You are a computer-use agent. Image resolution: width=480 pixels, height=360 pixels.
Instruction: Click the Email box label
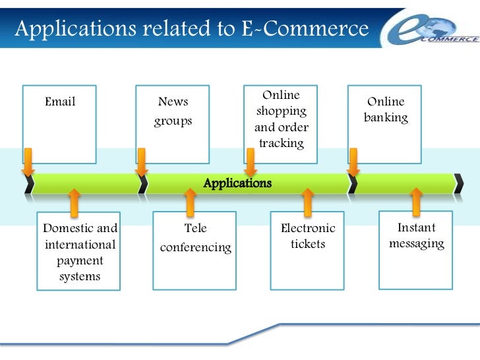(x=60, y=102)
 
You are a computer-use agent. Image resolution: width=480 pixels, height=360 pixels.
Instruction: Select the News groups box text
(x=173, y=111)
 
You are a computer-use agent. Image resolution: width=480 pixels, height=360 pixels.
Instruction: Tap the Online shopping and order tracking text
(x=282, y=119)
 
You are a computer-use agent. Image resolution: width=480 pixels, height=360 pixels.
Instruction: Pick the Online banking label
(x=386, y=110)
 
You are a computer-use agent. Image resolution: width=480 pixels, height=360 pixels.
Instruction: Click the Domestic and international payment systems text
(x=80, y=253)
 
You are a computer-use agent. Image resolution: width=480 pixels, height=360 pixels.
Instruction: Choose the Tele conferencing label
(x=195, y=238)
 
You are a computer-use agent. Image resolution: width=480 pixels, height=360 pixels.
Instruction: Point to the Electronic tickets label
(x=308, y=236)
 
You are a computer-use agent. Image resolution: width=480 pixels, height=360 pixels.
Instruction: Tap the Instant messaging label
(x=417, y=236)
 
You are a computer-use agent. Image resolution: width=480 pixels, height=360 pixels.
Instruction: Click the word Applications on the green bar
(x=237, y=183)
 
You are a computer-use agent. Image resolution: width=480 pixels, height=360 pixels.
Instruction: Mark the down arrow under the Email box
(x=28, y=162)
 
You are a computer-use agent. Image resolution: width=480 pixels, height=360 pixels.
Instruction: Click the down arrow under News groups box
(x=141, y=162)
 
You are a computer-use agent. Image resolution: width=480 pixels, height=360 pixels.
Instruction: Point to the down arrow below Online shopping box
(x=251, y=162)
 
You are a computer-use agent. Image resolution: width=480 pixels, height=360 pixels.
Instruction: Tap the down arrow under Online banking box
(x=353, y=162)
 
